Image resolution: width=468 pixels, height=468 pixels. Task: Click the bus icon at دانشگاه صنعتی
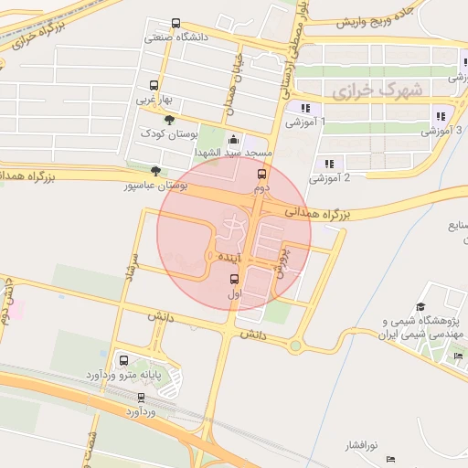click(x=175, y=25)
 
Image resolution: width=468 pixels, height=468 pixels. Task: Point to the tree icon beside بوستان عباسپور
click(x=156, y=171)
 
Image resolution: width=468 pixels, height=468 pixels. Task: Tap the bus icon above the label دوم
click(x=262, y=174)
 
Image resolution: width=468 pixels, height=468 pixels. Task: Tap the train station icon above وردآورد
click(x=141, y=398)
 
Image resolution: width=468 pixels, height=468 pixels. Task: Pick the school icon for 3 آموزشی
click(x=441, y=116)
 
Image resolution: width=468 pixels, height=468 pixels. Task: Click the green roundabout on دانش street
click(x=295, y=346)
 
